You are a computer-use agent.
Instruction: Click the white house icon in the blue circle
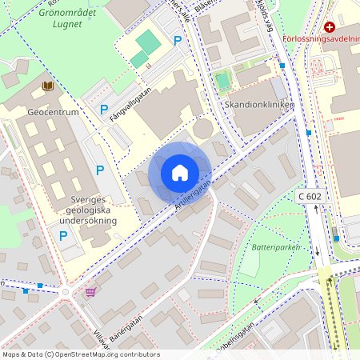click(180, 172)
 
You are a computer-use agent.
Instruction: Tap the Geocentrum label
click(53, 112)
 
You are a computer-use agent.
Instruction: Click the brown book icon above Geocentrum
click(48, 85)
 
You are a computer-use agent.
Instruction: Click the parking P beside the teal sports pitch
click(178, 40)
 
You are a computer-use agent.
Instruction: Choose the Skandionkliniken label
click(260, 105)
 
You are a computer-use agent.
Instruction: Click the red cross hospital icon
click(330, 27)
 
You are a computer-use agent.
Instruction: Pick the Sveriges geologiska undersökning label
click(87, 209)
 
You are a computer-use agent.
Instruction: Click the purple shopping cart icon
click(90, 292)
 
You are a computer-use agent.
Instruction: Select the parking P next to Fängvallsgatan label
click(103, 109)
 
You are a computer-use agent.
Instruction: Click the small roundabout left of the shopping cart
click(65, 292)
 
